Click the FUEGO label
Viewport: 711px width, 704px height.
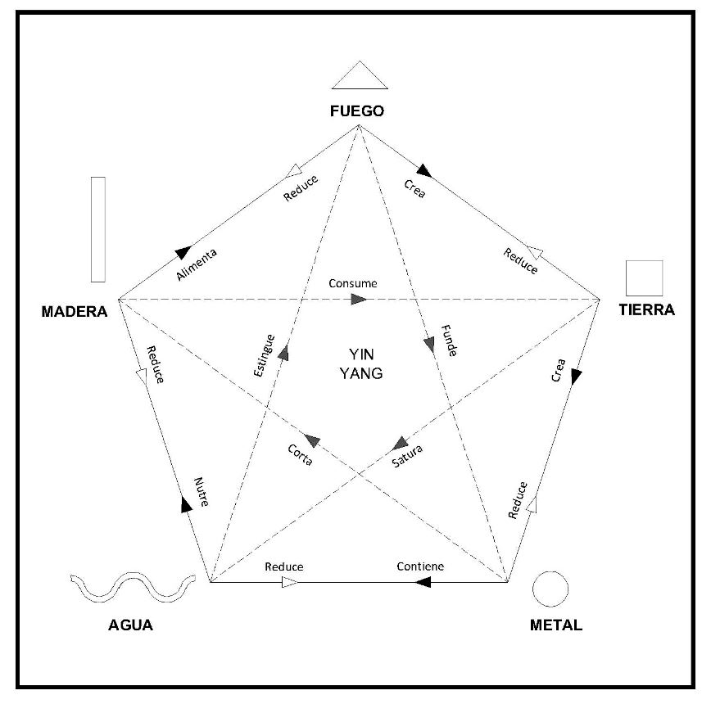(357, 111)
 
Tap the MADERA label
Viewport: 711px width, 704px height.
(75, 312)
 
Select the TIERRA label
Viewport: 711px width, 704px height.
(646, 310)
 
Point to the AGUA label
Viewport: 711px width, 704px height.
(131, 625)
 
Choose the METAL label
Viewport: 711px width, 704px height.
(556, 625)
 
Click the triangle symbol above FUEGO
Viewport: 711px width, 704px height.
(360, 76)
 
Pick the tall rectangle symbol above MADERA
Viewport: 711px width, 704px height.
(98, 229)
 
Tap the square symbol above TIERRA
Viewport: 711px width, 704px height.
(644, 278)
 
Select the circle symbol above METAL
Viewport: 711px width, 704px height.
(550, 589)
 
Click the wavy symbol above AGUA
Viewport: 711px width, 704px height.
(133, 587)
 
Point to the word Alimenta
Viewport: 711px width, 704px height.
(197, 265)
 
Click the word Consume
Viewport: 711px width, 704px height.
(353, 283)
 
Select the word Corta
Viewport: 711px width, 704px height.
(301, 454)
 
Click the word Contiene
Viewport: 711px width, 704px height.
(420, 566)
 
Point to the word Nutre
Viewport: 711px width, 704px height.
(202, 492)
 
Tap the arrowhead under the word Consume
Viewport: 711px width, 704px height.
(359, 300)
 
